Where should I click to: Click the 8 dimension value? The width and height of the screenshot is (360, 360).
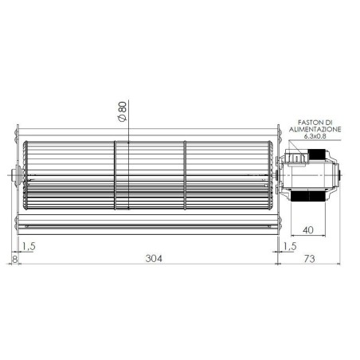pyautogui.click(x=14, y=259)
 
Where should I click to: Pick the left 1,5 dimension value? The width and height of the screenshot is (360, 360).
pyautogui.click(x=29, y=246)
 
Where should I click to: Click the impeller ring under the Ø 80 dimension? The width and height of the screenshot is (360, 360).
pyautogui.click(x=122, y=175)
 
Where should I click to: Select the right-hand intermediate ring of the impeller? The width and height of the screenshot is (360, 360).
pyautogui.click(x=185, y=175)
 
